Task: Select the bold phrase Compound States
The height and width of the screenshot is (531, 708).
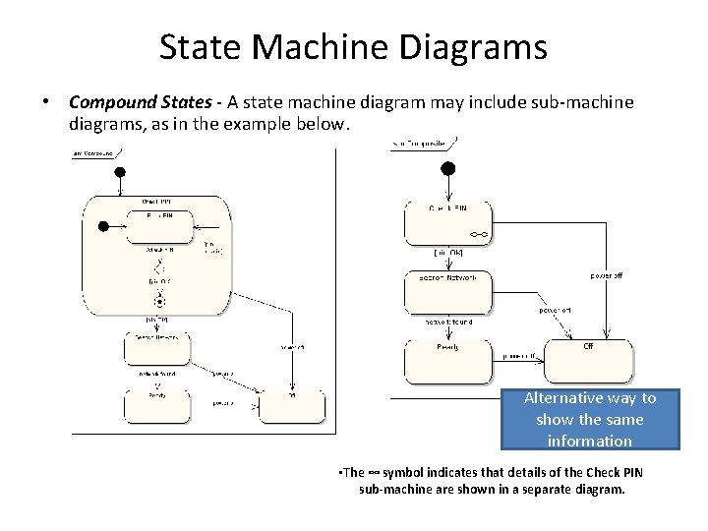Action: (x=131, y=102)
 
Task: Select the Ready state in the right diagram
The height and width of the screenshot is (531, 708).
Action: (x=447, y=361)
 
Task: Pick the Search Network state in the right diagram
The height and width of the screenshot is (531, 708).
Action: (x=447, y=291)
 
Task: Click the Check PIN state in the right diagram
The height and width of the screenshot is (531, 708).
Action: (x=447, y=221)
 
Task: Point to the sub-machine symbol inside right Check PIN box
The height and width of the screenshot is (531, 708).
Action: (x=478, y=235)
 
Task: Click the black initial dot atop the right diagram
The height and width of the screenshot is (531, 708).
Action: (x=447, y=169)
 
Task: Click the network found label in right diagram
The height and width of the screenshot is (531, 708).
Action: (x=448, y=321)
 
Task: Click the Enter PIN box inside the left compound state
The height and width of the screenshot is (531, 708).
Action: (x=159, y=225)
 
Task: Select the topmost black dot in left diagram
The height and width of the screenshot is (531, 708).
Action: (x=121, y=172)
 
